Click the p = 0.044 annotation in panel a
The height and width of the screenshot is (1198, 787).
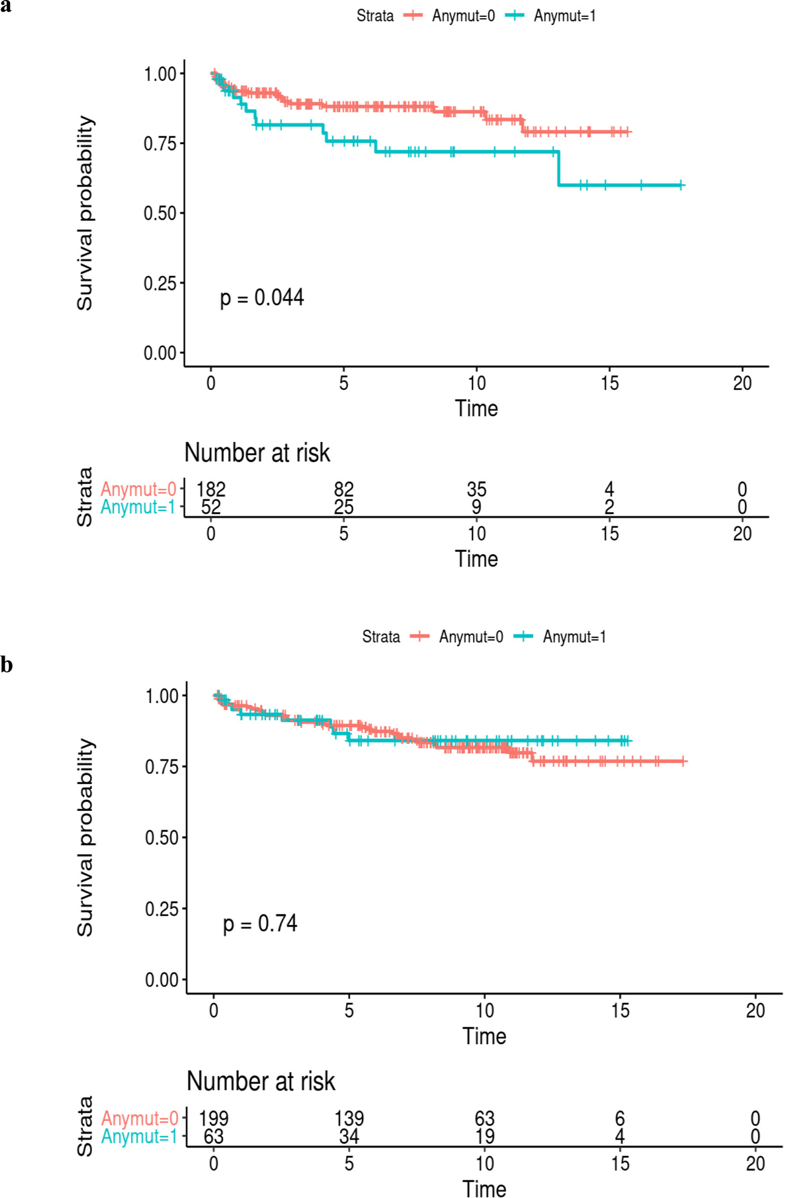click(x=261, y=298)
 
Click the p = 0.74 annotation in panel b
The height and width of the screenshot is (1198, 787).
click(x=260, y=923)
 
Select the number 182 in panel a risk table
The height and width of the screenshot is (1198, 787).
click(x=210, y=489)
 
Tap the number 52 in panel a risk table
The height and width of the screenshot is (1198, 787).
click(x=210, y=507)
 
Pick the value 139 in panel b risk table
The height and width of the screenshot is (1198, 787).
click(x=349, y=1118)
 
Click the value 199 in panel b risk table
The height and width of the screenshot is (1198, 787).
click(x=213, y=1118)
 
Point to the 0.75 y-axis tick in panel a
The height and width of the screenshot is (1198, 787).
click(x=160, y=143)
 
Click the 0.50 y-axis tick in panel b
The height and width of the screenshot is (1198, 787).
click(x=161, y=837)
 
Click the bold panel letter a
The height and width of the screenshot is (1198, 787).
click(x=6, y=7)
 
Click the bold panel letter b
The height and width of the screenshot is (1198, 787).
click(x=6, y=665)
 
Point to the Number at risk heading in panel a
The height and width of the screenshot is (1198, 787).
click(x=257, y=453)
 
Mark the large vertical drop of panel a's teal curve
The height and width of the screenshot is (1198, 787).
click(x=558, y=168)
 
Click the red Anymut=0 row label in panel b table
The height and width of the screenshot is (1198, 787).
click(x=139, y=1118)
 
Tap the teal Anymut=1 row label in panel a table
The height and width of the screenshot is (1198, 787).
click(x=138, y=507)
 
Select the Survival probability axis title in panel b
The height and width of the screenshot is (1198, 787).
click(x=85, y=837)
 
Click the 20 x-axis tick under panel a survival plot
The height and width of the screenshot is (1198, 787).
click(x=742, y=383)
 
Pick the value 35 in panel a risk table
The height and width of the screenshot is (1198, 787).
click(x=477, y=489)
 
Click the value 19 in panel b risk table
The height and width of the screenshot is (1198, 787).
click(x=485, y=1136)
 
